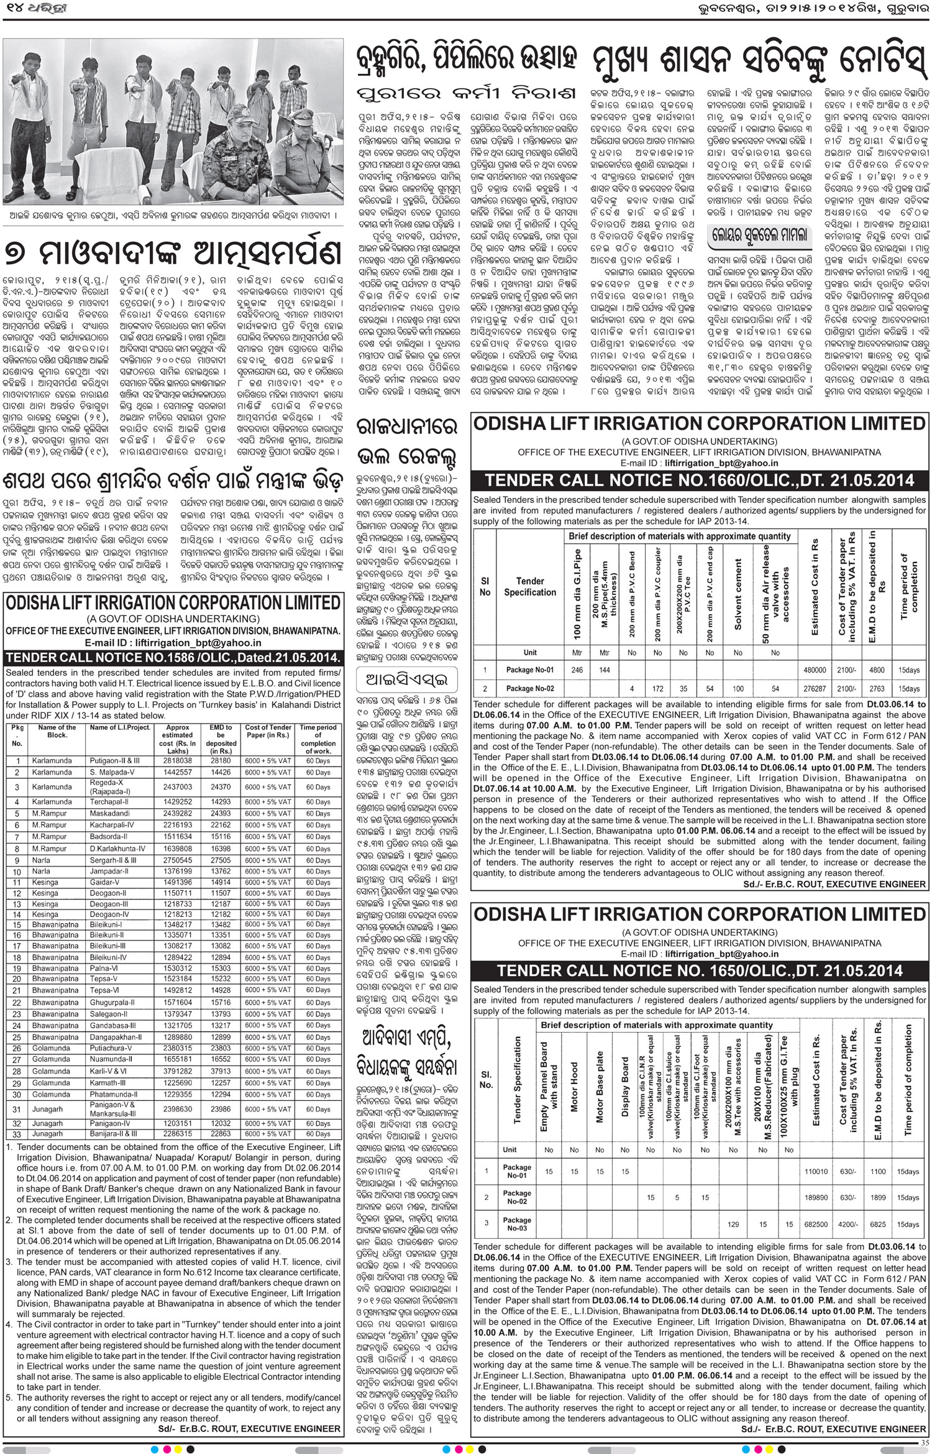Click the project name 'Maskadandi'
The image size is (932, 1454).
109,813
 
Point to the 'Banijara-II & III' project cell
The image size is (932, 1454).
114,1134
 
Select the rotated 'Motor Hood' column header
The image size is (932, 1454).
574,1087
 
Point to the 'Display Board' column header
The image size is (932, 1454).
625,1087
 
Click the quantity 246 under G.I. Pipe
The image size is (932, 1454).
578,670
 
